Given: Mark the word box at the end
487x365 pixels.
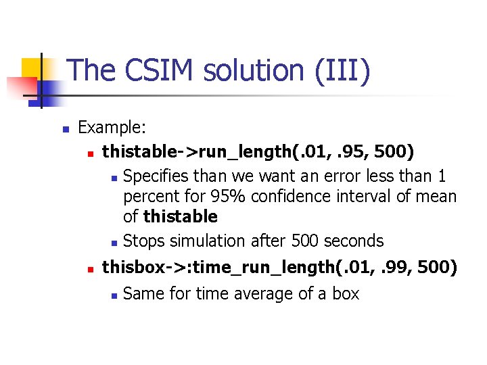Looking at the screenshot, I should [x=345, y=294].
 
